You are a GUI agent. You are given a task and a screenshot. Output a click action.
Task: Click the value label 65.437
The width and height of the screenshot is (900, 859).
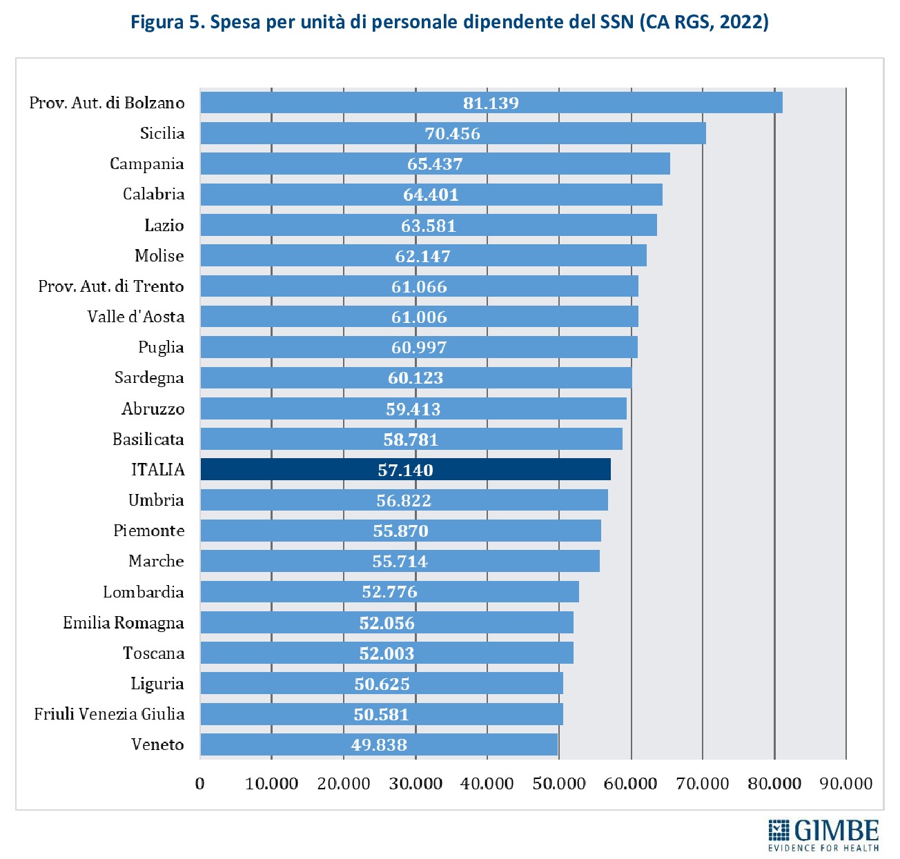tap(435, 164)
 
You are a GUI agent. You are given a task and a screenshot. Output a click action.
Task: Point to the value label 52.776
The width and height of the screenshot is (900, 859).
tap(389, 592)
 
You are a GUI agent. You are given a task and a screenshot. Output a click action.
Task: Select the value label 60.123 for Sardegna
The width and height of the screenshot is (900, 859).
tap(415, 378)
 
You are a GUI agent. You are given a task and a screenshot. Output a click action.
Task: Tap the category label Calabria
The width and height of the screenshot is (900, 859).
tap(154, 194)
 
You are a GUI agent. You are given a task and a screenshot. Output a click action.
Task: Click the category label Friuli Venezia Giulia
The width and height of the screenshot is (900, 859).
tap(110, 714)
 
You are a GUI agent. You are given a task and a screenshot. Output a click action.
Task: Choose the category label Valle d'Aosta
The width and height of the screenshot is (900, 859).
tap(136, 317)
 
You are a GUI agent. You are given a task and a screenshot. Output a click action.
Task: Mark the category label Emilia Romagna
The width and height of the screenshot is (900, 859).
tap(124, 623)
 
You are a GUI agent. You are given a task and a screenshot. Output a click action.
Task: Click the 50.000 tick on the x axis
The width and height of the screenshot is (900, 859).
tap(559, 783)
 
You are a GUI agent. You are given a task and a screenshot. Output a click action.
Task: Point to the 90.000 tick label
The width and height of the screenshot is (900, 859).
tap(845, 783)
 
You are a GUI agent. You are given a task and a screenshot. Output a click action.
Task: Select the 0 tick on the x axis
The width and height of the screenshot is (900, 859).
tap(200, 783)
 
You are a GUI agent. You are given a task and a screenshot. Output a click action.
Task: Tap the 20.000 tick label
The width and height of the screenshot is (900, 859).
tap(344, 783)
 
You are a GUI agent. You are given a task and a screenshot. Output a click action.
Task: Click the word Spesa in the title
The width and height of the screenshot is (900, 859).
tap(235, 23)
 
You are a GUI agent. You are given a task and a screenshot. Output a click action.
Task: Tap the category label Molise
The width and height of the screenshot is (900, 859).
tap(159, 256)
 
